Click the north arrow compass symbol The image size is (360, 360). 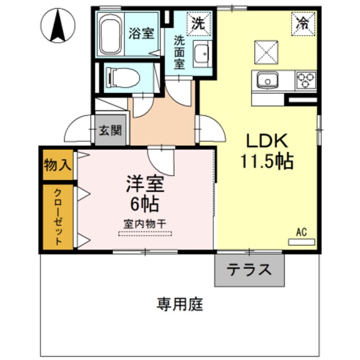[58, 26]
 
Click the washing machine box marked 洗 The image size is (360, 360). [197, 24]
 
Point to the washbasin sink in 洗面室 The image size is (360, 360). [200, 55]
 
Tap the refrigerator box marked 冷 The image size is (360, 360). [303, 24]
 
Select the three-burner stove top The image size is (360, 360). [305, 80]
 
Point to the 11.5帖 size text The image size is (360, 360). [267, 162]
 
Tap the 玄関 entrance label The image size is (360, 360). [110, 132]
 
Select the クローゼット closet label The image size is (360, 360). [58, 217]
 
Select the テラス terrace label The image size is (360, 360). [249, 271]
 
